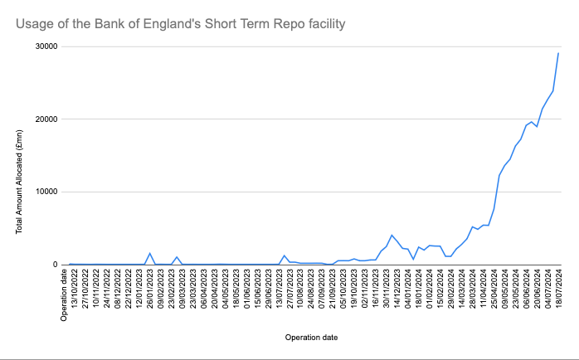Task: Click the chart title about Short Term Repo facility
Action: click(181, 24)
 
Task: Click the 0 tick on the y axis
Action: click(56, 265)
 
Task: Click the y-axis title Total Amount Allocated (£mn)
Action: click(19, 182)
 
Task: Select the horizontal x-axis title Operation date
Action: click(311, 338)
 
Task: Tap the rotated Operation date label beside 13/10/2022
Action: click(64, 295)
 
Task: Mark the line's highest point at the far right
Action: click(558, 53)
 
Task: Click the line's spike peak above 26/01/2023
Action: click(150, 253)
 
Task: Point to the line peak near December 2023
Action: click(392, 235)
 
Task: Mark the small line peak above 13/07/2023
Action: click(285, 255)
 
